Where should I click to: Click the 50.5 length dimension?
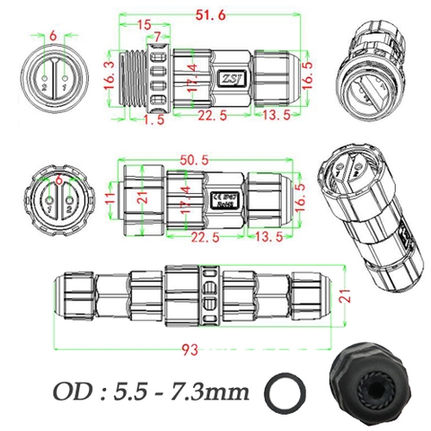tap(193, 159)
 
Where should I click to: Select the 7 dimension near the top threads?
tap(159, 37)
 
